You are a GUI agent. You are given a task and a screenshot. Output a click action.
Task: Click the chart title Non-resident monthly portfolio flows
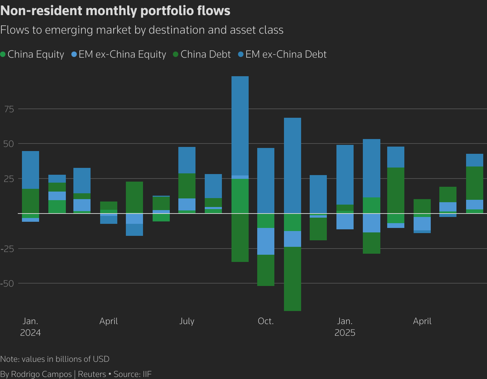(115, 11)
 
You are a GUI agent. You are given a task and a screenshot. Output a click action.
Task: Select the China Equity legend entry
(33, 54)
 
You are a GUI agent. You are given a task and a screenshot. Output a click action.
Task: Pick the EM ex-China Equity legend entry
(119, 54)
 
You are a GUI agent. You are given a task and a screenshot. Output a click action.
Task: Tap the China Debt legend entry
(202, 54)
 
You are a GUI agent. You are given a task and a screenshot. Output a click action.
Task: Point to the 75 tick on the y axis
(9, 109)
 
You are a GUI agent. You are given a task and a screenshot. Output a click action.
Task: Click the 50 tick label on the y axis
(9, 144)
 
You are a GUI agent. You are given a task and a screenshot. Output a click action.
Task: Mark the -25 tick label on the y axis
(8, 249)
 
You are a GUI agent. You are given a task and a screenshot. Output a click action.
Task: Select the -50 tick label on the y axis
(8, 284)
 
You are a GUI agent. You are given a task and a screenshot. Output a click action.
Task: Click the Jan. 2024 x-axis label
(31, 326)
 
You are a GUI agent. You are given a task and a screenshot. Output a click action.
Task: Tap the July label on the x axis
(187, 321)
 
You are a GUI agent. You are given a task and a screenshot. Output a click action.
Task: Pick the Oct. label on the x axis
(266, 321)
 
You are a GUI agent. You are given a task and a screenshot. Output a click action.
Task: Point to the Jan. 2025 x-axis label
(345, 326)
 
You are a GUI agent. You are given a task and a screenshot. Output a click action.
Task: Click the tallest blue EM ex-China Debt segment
(240, 126)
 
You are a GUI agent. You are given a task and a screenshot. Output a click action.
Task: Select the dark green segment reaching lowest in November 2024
(293, 279)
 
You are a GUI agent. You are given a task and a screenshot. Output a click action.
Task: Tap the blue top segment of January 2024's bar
(31, 170)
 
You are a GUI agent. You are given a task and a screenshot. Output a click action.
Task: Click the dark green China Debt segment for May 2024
(134, 197)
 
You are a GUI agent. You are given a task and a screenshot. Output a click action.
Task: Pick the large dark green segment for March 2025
(396, 195)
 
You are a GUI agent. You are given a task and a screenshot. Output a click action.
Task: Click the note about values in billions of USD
(55, 359)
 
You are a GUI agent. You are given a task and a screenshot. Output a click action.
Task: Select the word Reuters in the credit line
(92, 374)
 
